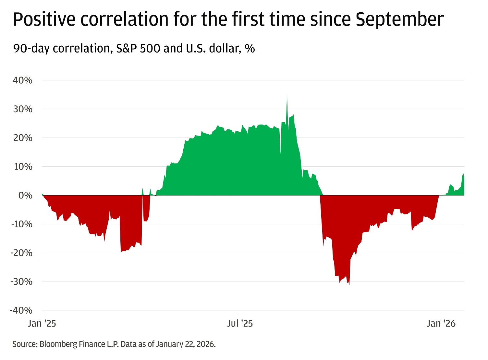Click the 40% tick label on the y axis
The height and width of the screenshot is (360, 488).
point(23,80)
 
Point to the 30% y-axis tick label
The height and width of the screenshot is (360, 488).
point(23,109)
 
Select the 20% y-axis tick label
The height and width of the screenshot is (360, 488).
point(23,138)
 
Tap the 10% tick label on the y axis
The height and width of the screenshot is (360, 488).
point(23,167)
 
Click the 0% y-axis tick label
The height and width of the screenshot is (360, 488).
point(25,196)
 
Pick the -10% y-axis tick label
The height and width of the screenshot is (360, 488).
point(21,224)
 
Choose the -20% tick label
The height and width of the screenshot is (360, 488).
point(21,253)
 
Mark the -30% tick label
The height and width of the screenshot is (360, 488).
point(21,282)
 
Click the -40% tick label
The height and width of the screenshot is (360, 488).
point(21,310)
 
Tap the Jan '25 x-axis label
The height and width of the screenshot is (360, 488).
point(42,323)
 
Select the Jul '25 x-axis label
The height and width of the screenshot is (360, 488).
point(240,323)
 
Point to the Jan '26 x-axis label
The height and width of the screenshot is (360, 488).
point(441,323)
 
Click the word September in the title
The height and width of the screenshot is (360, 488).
point(399,19)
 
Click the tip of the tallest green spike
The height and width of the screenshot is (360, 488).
point(287,94)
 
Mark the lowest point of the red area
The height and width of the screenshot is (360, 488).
point(349,285)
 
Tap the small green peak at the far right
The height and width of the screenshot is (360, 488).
point(463,173)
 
